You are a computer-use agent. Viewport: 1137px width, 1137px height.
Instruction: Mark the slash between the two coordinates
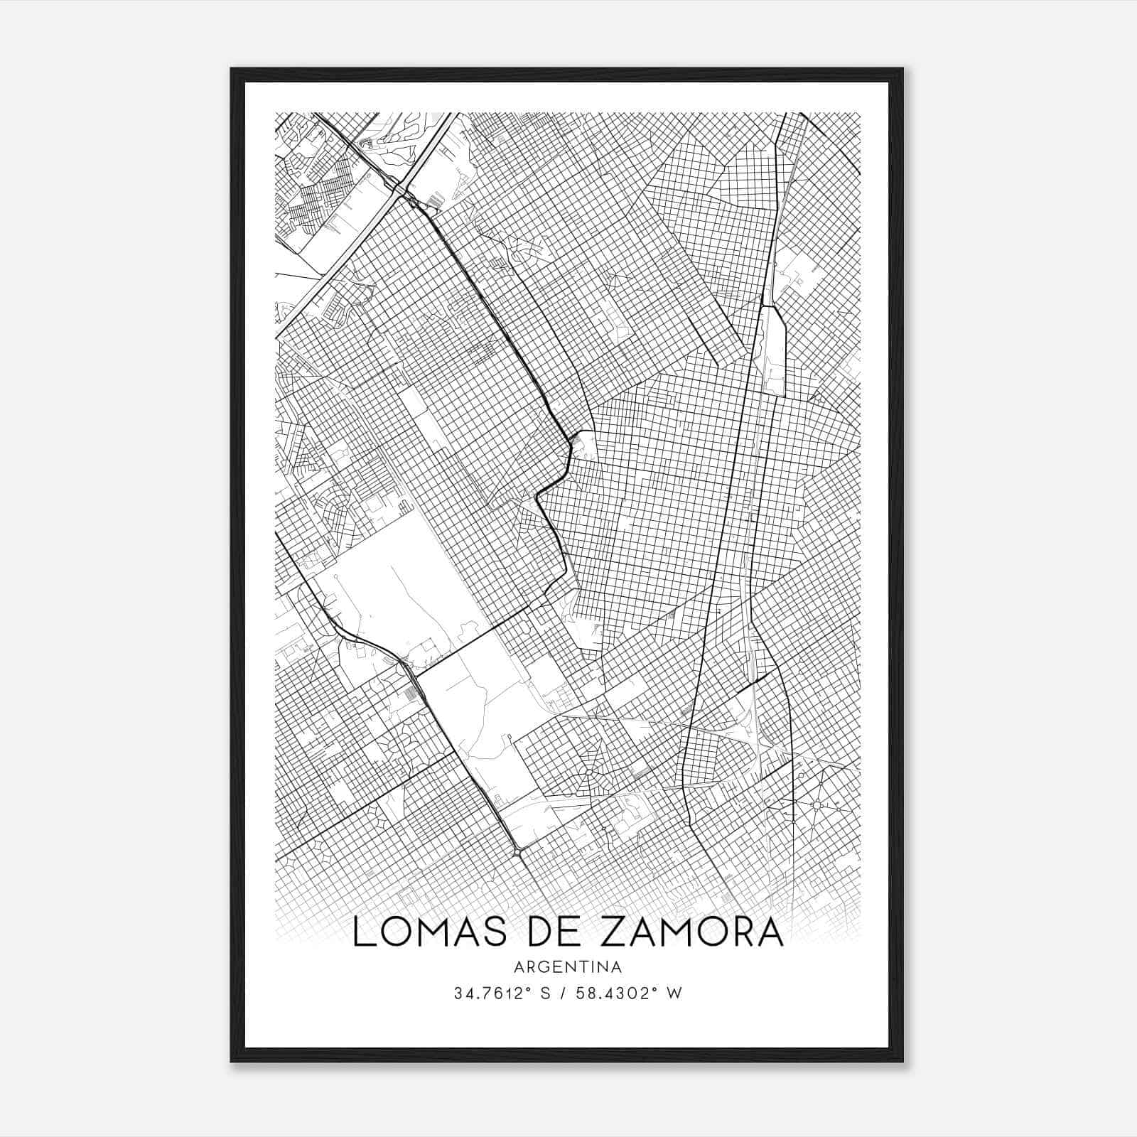tap(566, 993)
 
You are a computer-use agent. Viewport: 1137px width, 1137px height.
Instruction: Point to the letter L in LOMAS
tap(365, 932)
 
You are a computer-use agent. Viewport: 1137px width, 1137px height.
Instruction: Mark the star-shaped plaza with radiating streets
tap(817, 804)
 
